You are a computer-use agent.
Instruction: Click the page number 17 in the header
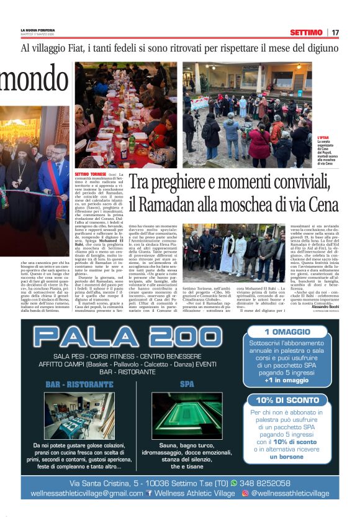pyautogui.click(x=335, y=32)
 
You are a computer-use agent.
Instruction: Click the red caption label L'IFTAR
pyautogui.click(x=325, y=137)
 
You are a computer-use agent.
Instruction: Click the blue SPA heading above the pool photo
pyautogui.click(x=187, y=384)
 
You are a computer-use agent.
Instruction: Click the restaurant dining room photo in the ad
pyautogui.click(x=79, y=415)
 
